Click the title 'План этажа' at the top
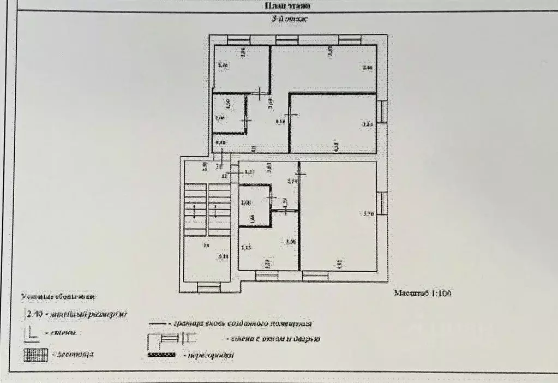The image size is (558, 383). [287, 6]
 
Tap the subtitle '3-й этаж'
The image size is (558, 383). [287, 20]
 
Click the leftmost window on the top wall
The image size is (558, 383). [238, 39]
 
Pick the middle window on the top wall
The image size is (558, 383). [287, 39]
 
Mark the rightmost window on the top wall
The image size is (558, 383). [350, 39]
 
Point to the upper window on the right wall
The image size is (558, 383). [383, 111]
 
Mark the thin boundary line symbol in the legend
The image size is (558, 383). [157, 323]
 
